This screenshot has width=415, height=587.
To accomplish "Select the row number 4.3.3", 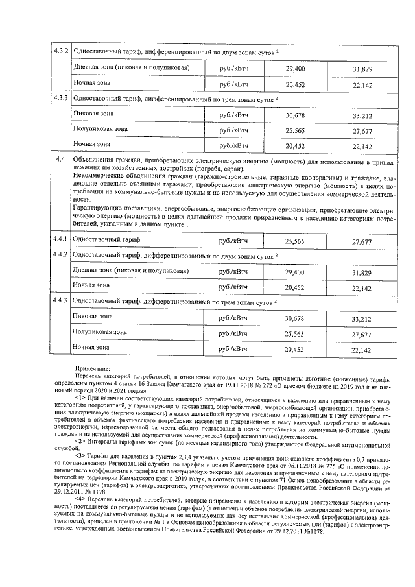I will point(60,99).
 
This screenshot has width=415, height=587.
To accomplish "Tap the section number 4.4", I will point(60,160).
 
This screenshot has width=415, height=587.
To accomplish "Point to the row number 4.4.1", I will point(60,240).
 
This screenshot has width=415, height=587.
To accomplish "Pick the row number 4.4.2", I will point(60,256).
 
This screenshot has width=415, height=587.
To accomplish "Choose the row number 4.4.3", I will point(60,301).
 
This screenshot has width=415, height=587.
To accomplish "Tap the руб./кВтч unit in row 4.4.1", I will point(234,241).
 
